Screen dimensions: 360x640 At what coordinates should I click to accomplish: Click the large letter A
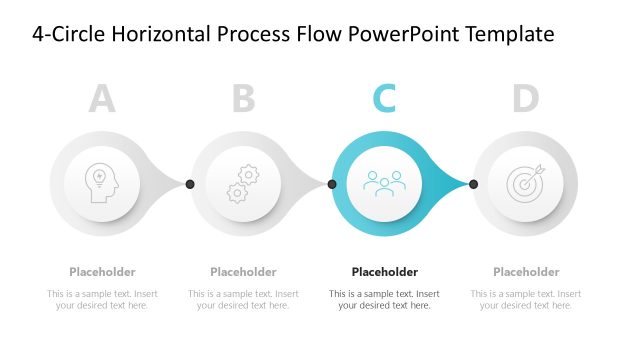(102, 98)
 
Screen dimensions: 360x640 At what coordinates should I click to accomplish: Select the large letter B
(244, 98)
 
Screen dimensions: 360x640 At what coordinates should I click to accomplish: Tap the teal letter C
(385, 98)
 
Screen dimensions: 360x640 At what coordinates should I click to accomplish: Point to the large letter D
(526, 98)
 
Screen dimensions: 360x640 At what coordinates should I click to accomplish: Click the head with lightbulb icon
(102, 184)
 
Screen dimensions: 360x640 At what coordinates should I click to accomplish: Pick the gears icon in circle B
(243, 184)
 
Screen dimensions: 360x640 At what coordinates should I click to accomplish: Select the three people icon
(385, 184)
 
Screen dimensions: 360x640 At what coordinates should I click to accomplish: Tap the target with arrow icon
(526, 184)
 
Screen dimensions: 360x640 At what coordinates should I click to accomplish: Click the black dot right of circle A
(190, 184)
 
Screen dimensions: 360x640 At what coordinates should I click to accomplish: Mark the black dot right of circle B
(332, 184)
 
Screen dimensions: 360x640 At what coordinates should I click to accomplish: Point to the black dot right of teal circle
(473, 184)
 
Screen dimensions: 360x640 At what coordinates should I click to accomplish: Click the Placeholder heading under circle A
(102, 272)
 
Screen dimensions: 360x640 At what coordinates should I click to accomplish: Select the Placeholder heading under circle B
(243, 272)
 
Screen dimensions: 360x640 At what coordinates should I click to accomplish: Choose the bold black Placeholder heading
(385, 272)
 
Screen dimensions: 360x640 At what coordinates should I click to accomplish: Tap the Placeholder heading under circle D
(526, 272)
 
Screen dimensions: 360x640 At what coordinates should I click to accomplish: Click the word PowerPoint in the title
(399, 35)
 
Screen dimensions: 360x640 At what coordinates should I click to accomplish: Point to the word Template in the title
(504, 35)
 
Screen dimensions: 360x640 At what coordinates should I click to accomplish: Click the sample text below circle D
(526, 299)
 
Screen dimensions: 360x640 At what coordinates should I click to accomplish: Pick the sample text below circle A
(102, 299)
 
